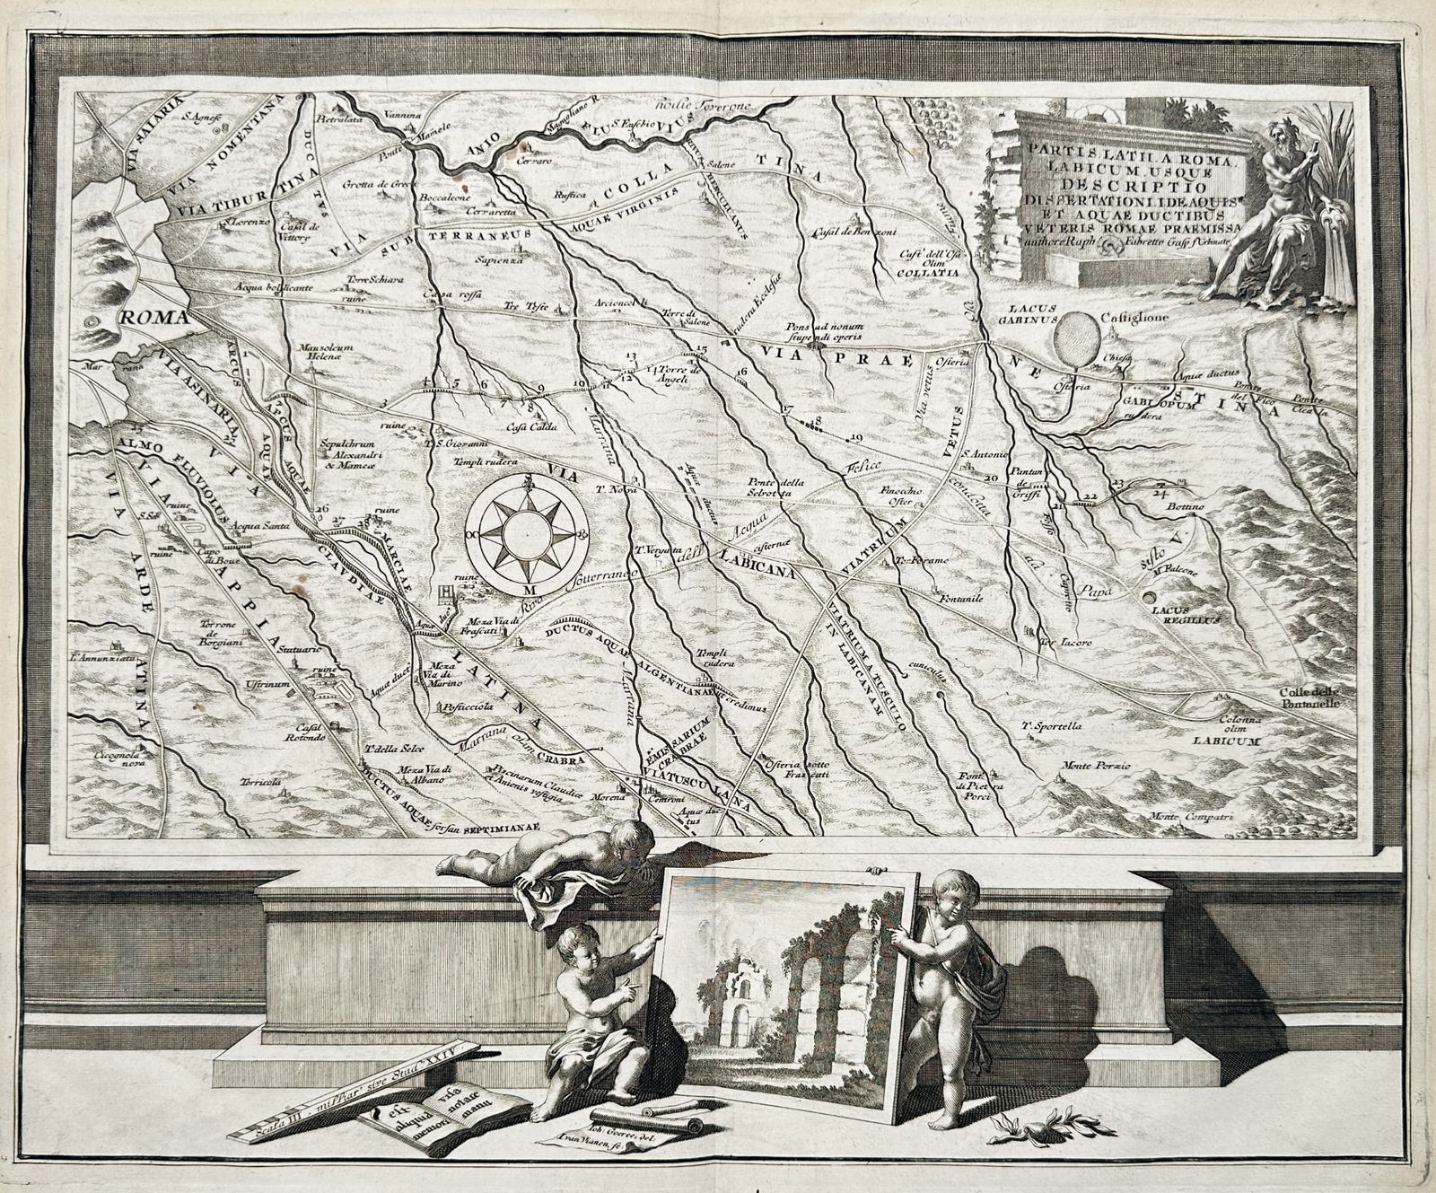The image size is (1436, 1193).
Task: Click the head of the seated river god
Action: click(x=1282, y=141)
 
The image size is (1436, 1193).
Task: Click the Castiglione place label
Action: click(x=1135, y=316)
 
